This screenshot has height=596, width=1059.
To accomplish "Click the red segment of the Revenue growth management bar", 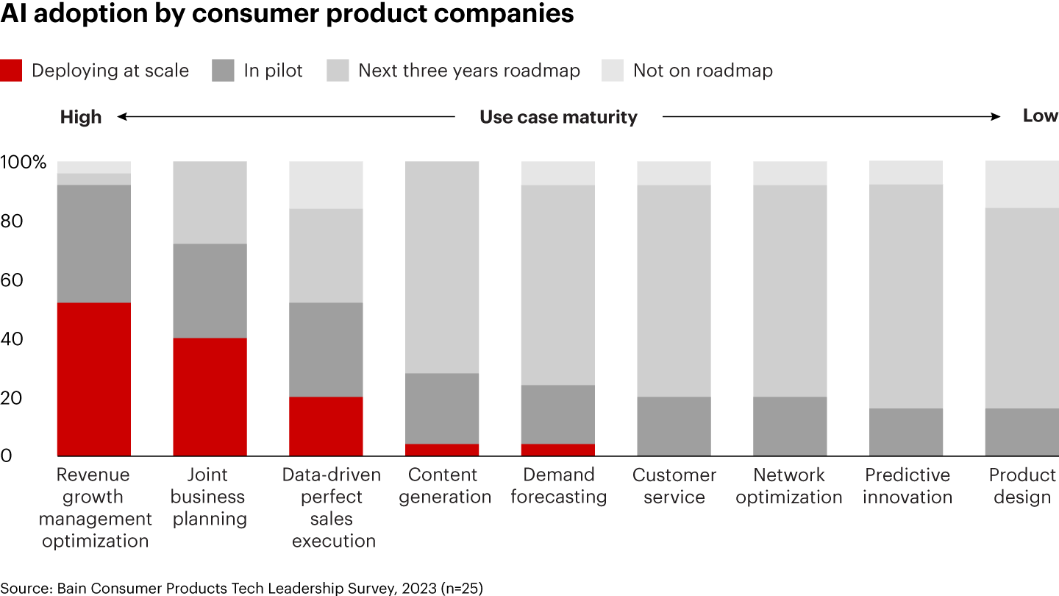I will [x=94, y=379].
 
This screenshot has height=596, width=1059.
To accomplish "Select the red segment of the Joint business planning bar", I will [x=210, y=397].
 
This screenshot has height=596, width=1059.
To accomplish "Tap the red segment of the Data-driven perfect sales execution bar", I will [x=326, y=426].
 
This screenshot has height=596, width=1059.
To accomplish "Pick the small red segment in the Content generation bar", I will [x=442, y=450].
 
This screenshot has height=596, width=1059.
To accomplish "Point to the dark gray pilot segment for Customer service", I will [x=674, y=426].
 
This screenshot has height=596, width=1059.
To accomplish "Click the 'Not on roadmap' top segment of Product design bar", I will [x=1021, y=185].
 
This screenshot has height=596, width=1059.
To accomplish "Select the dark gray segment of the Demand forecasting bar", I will [x=558, y=414].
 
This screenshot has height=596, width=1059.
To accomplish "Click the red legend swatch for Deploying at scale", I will [x=11, y=71].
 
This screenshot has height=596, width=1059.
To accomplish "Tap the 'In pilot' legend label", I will [x=273, y=71].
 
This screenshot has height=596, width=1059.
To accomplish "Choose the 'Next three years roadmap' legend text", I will [x=468, y=71].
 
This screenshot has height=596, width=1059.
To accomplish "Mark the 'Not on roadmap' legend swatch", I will [x=612, y=71].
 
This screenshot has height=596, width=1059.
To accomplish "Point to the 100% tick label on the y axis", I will [x=23, y=162].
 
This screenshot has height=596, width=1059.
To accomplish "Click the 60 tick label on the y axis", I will [x=16, y=280].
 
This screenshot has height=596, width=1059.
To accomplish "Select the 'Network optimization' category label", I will [x=789, y=486].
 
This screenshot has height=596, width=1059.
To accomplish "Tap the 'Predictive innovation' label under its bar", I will [x=908, y=486].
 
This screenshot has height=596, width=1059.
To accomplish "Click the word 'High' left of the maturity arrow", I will [x=81, y=116].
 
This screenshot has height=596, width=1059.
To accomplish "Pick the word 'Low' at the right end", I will [x=1040, y=116].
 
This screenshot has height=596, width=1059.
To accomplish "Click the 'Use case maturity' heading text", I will [x=558, y=117].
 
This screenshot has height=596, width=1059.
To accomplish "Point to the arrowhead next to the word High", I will [x=122, y=116].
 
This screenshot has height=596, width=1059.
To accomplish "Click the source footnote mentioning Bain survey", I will [x=241, y=587].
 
